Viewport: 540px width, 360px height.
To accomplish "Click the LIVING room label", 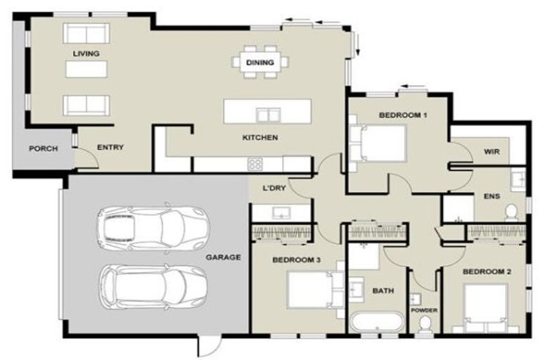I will click(x=85, y=53).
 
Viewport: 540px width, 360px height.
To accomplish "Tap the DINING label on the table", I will click(x=259, y=63).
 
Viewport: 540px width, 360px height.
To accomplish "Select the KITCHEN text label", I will click(x=259, y=137).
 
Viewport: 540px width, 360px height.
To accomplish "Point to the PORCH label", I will click(x=42, y=148).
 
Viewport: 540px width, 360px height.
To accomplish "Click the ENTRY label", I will click(x=110, y=147).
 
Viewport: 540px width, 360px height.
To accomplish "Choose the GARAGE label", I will click(x=224, y=257).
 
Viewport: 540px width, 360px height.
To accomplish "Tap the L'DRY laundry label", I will click(x=273, y=188).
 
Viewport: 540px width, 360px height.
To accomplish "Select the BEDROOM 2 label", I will click(x=487, y=270).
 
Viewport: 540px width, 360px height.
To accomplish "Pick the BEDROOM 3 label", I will click(x=296, y=260).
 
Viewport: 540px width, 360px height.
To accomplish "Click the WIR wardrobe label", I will click(x=491, y=151).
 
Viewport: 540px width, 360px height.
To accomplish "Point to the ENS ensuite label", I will click(x=491, y=196).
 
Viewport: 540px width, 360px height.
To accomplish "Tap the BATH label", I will click(x=382, y=290).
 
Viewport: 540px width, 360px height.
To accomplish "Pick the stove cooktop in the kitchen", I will click(x=255, y=165).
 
